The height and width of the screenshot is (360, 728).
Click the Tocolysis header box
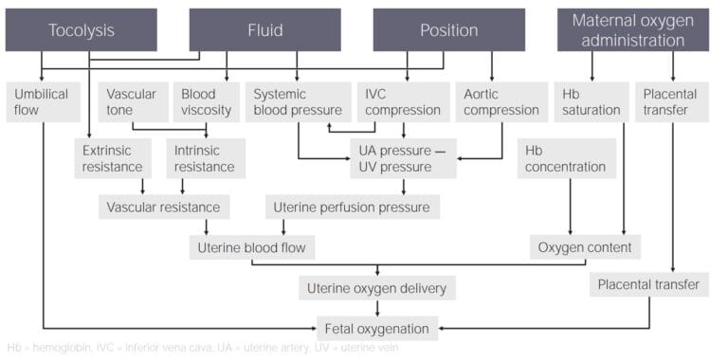click(82, 30)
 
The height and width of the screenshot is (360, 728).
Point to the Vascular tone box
click(132, 101)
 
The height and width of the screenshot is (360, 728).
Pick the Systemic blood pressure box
click(297, 101)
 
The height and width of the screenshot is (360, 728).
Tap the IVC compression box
click(402, 101)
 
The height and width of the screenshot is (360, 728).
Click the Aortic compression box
click(501, 101)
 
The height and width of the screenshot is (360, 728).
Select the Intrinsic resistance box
click(204, 158)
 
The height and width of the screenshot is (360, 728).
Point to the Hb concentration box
click(566, 158)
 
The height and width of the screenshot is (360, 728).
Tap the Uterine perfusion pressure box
click(352, 207)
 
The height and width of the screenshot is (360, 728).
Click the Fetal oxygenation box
click(377, 329)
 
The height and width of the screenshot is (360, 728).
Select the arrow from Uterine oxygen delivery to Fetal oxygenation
click(378, 308)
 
